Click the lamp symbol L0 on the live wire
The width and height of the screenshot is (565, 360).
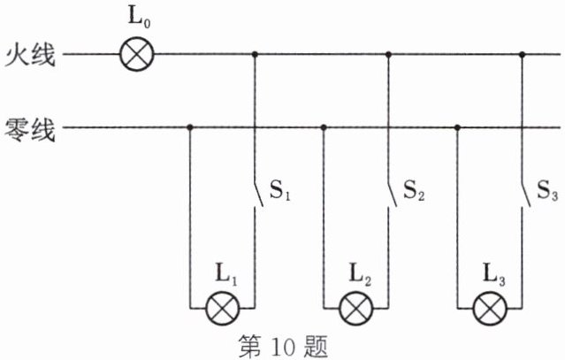tap(137, 55)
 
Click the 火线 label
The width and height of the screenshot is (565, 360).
tap(30, 56)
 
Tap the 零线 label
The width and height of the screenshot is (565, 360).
tap(30, 129)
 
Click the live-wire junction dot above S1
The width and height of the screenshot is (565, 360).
tap(256, 55)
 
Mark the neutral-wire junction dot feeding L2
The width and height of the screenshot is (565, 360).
tap(324, 128)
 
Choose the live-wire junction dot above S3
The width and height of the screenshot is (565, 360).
tap(522, 55)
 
